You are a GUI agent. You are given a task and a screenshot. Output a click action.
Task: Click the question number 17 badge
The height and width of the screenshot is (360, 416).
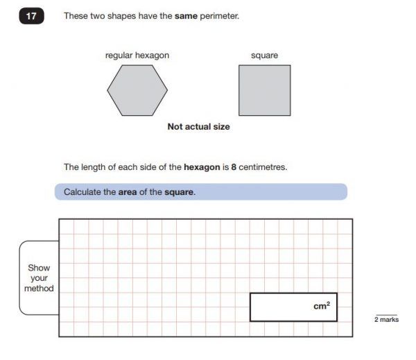pyautogui.click(x=31, y=15)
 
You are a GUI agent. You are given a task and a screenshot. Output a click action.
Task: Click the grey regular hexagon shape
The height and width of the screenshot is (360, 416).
pyautogui.click(x=137, y=90)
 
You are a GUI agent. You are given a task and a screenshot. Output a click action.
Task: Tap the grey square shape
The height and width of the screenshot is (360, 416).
pyautogui.click(x=264, y=90)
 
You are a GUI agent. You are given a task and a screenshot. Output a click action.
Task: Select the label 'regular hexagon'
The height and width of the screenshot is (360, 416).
pyautogui.click(x=137, y=55)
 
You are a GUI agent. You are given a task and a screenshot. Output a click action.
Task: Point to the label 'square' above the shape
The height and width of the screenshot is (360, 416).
pyautogui.click(x=264, y=55)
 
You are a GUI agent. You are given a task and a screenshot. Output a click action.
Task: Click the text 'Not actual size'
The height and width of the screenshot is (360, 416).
pyautogui.click(x=198, y=127)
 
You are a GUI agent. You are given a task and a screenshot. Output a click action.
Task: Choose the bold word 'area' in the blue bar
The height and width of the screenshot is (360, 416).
pyautogui.click(x=127, y=192)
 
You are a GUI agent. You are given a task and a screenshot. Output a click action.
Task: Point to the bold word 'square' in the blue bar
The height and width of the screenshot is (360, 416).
pyautogui.click(x=179, y=192)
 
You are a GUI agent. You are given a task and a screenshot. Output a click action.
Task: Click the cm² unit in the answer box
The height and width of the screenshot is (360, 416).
pyautogui.click(x=321, y=306)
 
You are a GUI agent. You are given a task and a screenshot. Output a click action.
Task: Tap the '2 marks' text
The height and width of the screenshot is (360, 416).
pyautogui.click(x=386, y=320)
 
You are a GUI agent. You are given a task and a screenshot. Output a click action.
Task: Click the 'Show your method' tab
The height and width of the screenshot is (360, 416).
pyautogui.click(x=39, y=277)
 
